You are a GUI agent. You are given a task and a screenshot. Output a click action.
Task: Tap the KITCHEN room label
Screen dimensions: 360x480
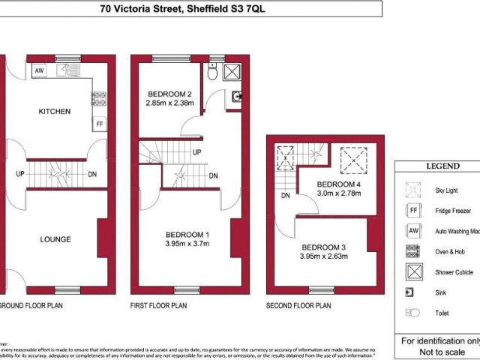pyautogui.click(x=55, y=112)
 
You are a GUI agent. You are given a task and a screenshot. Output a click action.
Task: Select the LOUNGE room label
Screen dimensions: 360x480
pyautogui.click(x=55, y=239)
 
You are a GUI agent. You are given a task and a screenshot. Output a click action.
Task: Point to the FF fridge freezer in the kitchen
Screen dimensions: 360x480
pyautogui.click(x=99, y=124)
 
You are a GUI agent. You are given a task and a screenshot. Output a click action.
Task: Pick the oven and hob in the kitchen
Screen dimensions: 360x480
pyautogui.click(x=99, y=97)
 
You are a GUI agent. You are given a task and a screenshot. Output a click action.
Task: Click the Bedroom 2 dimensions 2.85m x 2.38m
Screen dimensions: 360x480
pyautogui.click(x=170, y=103)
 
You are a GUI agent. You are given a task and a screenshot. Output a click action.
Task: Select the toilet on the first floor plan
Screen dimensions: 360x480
pyautogui.click(x=213, y=73)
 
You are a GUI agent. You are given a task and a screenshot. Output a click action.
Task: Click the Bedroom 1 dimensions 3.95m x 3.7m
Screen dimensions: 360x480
pyautogui.click(x=187, y=243)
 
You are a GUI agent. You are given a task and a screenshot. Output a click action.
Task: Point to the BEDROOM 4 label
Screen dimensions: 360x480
pyautogui.click(x=338, y=184)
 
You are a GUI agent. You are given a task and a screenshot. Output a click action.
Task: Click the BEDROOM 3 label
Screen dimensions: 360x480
pyautogui.click(x=324, y=247)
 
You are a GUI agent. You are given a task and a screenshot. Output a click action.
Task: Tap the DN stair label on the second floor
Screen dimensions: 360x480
pyautogui.click(x=286, y=196)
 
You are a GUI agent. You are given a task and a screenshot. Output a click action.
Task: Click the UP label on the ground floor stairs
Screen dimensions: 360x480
pyautogui.click(x=22, y=175)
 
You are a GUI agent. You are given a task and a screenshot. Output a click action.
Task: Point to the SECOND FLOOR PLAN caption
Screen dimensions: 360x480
pyautogui.click(x=298, y=306)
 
